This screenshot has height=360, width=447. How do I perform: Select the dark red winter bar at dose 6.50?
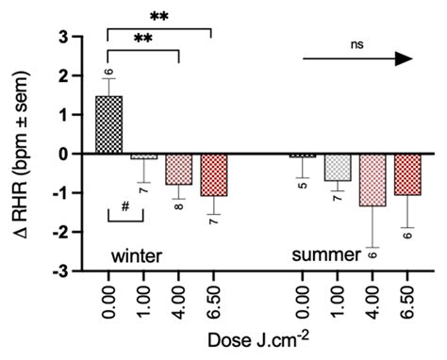coord(214,174)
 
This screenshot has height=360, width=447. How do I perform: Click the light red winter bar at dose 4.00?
coord(179,169)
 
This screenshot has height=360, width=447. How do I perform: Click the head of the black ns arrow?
coord(404,57)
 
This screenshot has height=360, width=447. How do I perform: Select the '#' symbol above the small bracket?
coord(124,208)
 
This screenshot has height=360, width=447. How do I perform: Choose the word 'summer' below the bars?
coord(327,255)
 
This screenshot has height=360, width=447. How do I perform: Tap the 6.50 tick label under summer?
coord(407,302)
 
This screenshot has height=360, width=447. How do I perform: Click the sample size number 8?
coord(179,204)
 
